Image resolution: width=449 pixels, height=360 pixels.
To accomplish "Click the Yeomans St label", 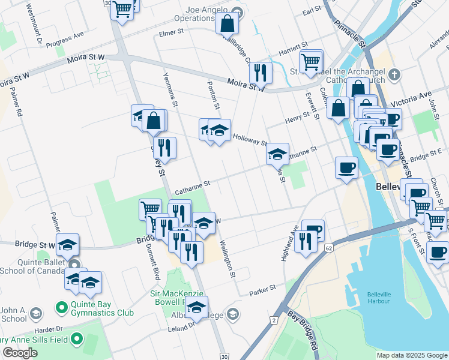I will tap(170, 91).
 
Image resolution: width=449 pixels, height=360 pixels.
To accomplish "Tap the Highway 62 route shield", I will tap(328, 247).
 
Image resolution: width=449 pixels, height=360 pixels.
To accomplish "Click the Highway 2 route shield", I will tap(274, 321).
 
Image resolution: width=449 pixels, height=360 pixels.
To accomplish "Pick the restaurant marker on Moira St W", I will tap(260, 72).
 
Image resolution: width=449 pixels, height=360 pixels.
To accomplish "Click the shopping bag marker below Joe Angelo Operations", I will tap(228, 24).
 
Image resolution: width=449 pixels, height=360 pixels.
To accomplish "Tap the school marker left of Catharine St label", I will tap(277, 154).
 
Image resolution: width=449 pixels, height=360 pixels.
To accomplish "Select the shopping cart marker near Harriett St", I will tap(311, 61).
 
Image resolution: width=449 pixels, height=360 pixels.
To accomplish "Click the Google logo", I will tap(20, 352).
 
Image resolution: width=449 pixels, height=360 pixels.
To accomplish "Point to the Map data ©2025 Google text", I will tap(412, 355).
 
